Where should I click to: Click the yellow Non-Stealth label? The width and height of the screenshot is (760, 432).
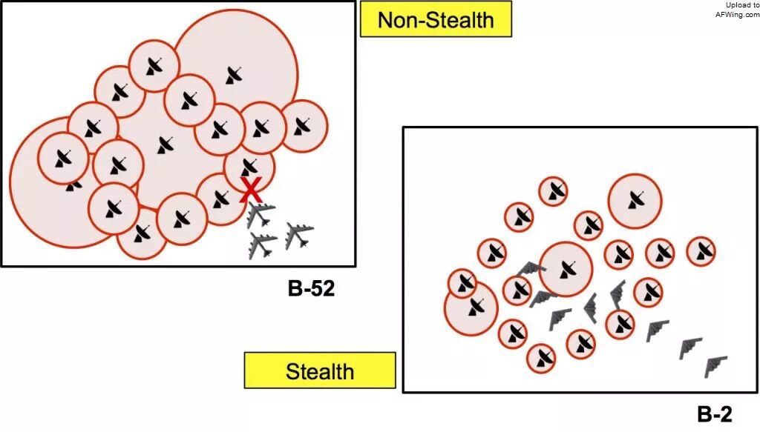pos(436,19)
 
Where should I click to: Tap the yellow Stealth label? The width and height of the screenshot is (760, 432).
pos(320,370)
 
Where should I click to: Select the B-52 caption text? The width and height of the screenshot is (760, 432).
pos(311,289)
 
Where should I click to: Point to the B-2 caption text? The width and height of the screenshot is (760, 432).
pos(715,414)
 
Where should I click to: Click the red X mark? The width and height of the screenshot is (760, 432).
pos(251,190)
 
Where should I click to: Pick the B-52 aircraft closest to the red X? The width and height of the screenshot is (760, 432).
pos(261,215)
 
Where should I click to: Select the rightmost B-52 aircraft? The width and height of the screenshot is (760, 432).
pos(298,235)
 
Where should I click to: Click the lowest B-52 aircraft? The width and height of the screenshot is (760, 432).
pos(262,245)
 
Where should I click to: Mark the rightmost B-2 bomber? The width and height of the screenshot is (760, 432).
pos(715,366)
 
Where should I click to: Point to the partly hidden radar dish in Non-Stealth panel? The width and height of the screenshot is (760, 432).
pos(73,185)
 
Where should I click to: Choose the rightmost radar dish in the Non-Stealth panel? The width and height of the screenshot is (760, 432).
pos(303,126)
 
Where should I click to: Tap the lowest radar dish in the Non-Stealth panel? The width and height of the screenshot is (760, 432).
pos(142,233)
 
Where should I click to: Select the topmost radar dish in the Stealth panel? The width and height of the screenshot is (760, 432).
pos(554,192)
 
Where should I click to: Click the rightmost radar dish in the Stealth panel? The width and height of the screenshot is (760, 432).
pos(701,251)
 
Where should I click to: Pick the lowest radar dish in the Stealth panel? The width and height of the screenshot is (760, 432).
pos(541,358)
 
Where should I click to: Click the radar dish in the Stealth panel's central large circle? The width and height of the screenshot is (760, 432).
pos(566,270)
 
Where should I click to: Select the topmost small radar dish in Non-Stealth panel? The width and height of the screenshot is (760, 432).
pos(154,66)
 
